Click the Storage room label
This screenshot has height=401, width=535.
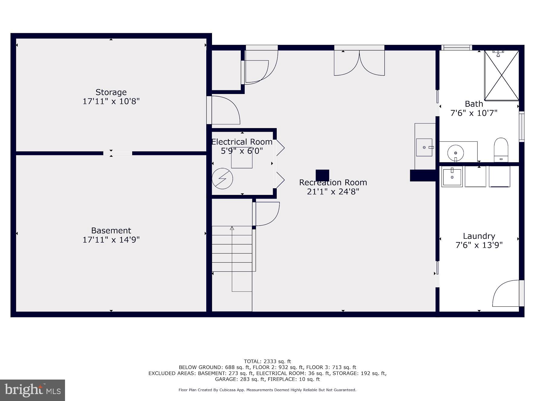pos(111,92)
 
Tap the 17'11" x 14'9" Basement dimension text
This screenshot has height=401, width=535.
pos(111,240)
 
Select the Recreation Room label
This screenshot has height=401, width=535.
pos(333,183)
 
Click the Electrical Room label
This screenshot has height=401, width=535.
pos(242,142)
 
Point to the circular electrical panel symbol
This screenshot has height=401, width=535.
pos(222,179)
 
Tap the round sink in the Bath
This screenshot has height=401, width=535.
pos(455,152)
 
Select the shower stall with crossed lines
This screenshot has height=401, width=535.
pos(501,76)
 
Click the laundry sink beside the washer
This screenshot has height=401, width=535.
pos(452,177)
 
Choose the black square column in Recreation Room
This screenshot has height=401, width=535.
pos(322,176)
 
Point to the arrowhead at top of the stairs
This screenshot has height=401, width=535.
pos(232,228)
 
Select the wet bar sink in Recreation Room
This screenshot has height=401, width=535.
pos(425,147)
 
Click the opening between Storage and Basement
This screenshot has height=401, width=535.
pos(118,153)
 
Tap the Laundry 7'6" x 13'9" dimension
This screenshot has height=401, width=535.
pos(479,245)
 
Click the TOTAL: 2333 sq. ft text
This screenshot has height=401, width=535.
pos(267,361)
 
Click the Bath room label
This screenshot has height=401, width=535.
pos(474,104)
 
